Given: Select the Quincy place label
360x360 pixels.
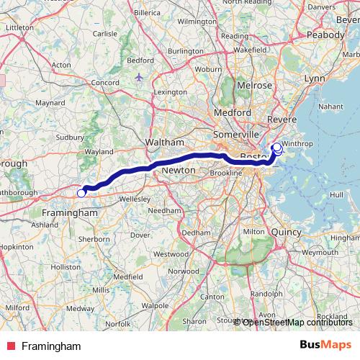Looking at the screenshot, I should [286, 232].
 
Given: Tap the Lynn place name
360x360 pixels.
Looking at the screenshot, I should [315, 77].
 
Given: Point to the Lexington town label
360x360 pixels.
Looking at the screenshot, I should [171, 92].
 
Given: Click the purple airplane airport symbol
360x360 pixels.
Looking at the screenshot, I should [138, 76].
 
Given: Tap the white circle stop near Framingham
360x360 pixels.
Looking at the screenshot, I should [81, 192].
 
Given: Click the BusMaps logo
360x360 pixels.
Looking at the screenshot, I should [325, 346].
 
